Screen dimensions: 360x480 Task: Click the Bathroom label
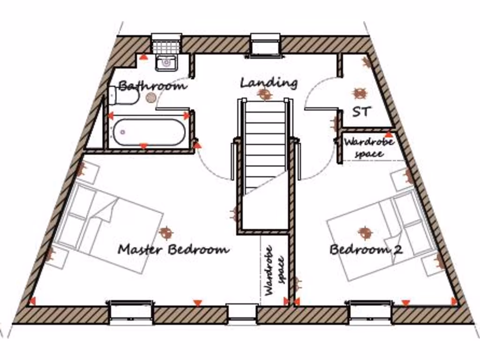point(152,86)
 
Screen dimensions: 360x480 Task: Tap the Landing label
point(269,83)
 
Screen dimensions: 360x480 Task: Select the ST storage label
point(361,112)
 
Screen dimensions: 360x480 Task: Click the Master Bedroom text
point(173,249)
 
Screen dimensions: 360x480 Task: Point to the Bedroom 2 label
point(366,249)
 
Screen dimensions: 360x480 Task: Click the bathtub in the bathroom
point(148,132)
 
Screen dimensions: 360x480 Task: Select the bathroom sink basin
point(165,62)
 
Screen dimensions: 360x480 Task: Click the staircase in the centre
point(265,145)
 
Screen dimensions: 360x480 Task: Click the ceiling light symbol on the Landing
point(265,95)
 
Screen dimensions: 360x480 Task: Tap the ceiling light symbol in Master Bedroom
point(165,232)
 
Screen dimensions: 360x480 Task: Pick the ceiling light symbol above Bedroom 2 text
point(365,232)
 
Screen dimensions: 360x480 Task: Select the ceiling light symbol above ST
point(360,93)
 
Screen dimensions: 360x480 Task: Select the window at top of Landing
point(265,45)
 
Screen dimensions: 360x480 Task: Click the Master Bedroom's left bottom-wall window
point(131,312)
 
